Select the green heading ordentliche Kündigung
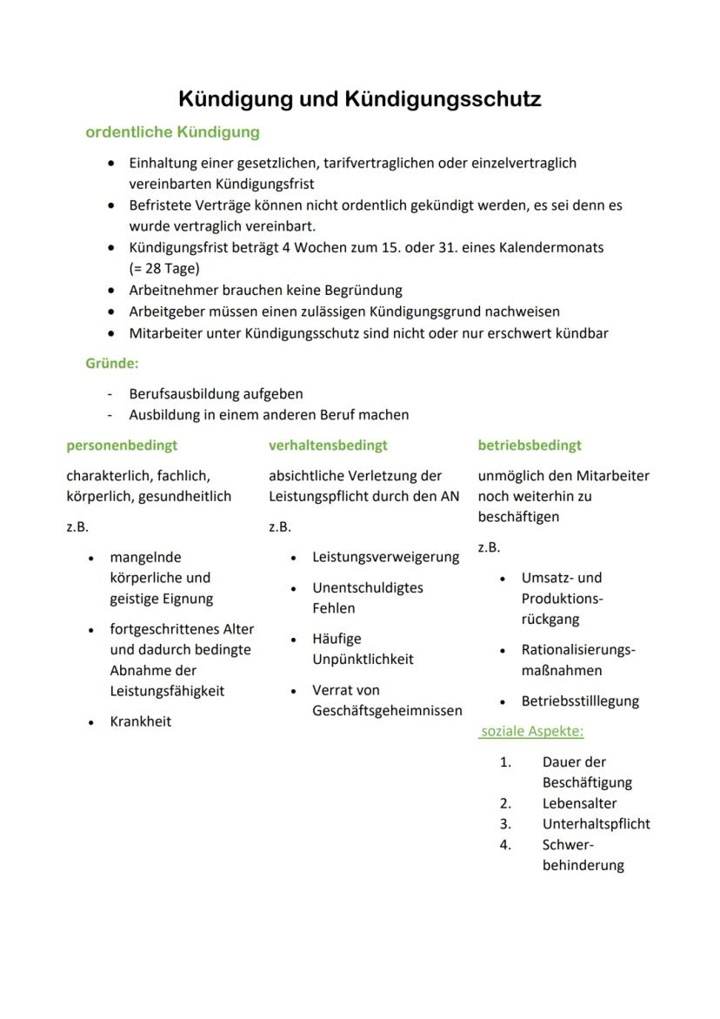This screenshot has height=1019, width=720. (x=172, y=133)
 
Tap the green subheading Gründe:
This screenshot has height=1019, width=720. (x=111, y=363)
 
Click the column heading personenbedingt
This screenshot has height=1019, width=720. (x=122, y=446)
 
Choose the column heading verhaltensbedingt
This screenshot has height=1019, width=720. (x=328, y=446)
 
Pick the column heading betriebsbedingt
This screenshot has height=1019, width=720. (x=530, y=446)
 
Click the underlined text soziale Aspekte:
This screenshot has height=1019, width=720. (x=531, y=732)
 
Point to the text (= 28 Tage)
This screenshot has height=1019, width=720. (x=163, y=268)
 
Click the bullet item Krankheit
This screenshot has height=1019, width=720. (x=140, y=721)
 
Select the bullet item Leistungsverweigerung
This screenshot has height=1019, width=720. (x=385, y=557)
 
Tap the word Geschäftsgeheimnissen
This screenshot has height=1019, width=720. (x=387, y=711)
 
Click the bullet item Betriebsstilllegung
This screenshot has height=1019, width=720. (x=580, y=701)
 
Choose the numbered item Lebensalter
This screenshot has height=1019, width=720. (x=579, y=804)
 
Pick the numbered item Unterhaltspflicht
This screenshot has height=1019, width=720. (x=596, y=824)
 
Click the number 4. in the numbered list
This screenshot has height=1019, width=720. (x=505, y=845)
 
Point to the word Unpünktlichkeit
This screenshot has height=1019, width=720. (x=363, y=660)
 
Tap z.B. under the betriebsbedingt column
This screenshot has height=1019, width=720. (x=489, y=547)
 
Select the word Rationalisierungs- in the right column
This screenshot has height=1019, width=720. (x=578, y=650)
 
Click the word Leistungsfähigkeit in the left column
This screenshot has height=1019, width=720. (x=167, y=691)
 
